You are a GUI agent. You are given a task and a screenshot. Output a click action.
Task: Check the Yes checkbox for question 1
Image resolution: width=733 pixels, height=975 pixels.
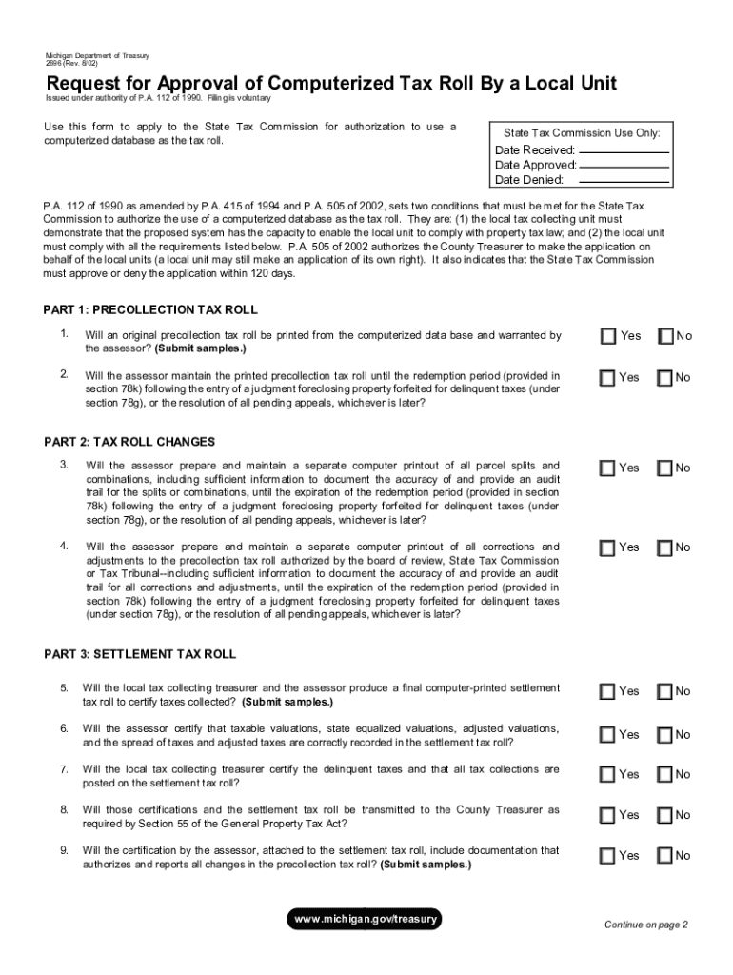point(608,336)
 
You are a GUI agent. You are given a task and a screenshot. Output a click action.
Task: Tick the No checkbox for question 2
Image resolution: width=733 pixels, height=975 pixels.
point(664,378)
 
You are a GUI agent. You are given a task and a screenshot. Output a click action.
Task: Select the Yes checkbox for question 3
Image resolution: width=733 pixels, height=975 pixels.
point(608,468)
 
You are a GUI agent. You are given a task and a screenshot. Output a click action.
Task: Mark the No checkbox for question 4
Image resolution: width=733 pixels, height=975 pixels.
point(664,547)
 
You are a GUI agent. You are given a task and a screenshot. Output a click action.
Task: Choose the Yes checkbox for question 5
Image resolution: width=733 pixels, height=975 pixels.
point(608,691)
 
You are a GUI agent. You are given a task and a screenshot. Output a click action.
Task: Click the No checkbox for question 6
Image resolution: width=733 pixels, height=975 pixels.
point(664,734)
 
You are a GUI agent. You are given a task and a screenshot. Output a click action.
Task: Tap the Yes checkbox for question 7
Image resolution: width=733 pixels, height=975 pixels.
point(608,774)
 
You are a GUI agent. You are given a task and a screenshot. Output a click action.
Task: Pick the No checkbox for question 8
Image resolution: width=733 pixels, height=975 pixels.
point(664,815)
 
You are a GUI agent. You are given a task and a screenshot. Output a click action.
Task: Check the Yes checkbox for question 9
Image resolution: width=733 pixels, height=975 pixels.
point(608,856)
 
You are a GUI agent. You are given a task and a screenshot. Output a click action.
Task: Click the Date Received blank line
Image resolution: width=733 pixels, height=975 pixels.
point(624,151)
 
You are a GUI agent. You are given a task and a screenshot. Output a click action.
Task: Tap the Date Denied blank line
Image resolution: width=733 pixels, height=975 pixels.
point(624,181)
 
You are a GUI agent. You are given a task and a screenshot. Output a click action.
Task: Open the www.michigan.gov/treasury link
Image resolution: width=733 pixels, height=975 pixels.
point(366,919)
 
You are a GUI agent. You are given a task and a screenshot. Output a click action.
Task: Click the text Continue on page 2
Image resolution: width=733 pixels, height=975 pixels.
point(646,925)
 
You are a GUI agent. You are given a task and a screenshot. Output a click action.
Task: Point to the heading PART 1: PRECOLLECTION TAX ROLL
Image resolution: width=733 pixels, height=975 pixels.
point(150,310)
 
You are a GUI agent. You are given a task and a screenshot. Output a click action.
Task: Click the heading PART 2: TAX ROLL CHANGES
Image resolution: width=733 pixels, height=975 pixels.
point(129,442)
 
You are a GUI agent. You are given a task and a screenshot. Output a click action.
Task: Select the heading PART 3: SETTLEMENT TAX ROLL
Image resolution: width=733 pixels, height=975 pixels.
point(140,655)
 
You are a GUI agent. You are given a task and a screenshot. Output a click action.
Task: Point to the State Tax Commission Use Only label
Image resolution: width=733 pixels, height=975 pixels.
point(581,133)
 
